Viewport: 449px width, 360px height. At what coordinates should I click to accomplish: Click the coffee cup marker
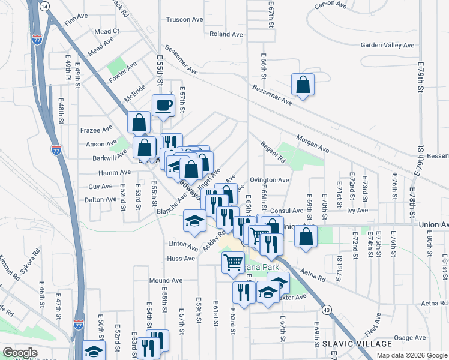click(x=163, y=106)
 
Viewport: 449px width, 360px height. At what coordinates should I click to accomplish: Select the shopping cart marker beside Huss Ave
click(x=233, y=262)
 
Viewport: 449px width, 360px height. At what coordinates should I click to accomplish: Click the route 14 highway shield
click(x=44, y=5)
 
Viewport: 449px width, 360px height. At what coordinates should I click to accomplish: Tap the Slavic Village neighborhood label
click(x=357, y=344)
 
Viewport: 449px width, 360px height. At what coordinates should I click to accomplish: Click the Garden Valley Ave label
click(x=387, y=45)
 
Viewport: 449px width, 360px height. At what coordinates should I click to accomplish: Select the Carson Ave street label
click(x=331, y=4)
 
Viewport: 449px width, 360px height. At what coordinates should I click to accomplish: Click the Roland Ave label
click(x=226, y=34)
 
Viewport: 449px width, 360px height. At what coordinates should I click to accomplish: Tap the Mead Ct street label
click(x=107, y=31)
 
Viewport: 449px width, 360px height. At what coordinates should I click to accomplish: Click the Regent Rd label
click(x=273, y=152)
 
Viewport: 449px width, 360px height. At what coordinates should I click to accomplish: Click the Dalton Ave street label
click(x=99, y=199)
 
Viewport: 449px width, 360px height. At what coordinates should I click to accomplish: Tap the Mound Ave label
click(x=166, y=280)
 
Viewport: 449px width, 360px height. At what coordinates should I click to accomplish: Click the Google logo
click(x=20, y=353)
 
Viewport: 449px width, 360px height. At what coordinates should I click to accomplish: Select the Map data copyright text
click(x=411, y=355)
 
